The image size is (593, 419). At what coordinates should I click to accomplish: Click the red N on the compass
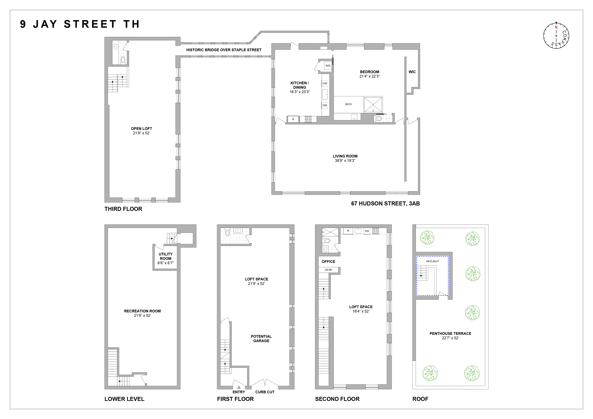pos(556,27)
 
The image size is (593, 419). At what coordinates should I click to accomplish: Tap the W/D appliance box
pos(328,66)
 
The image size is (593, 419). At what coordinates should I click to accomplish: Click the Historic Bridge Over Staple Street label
pos(224,50)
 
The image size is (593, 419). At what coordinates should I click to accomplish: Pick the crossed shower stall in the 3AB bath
pos(373,104)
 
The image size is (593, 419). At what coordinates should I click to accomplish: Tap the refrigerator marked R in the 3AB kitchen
pos(293,119)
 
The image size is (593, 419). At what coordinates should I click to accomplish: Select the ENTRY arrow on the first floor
pos(239,387)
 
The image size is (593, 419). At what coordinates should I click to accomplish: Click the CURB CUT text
pos(265,392)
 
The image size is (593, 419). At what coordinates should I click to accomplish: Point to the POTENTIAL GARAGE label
pos(261,339)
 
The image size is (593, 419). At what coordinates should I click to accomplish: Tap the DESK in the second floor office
pos(328,270)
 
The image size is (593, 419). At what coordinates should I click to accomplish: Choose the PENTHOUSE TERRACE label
pos(450,335)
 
